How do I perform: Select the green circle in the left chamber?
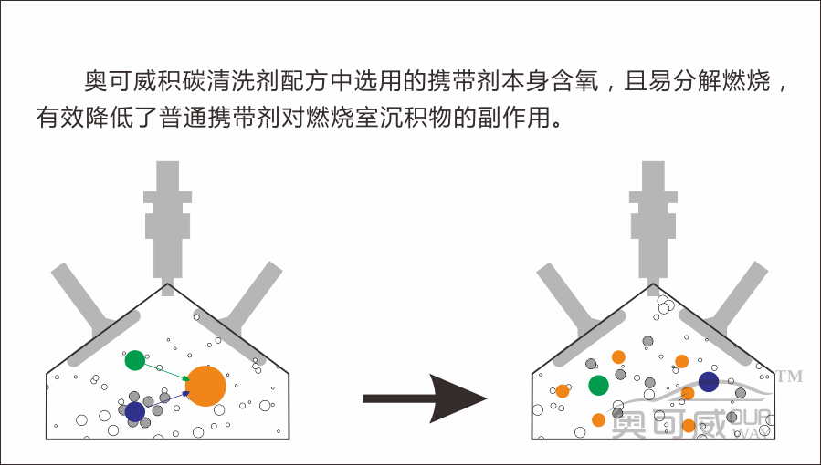pyautogui.click(x=135, y=361)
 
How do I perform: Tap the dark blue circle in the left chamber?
pyautogui.click(x=135, y=411)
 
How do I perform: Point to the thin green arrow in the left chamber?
pyautogui.click(x=165, y=372)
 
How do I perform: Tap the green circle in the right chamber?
pyautogui.click(x=598, y=385)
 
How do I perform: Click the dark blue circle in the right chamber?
pyautogui.click(x=709, y=382)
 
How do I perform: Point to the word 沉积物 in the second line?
pyautogui.click(x=397, y=118)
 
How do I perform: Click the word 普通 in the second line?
pyautogui.click(x=190, y=118)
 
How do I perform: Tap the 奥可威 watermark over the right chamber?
pyautogui.click(x=667, y=424)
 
